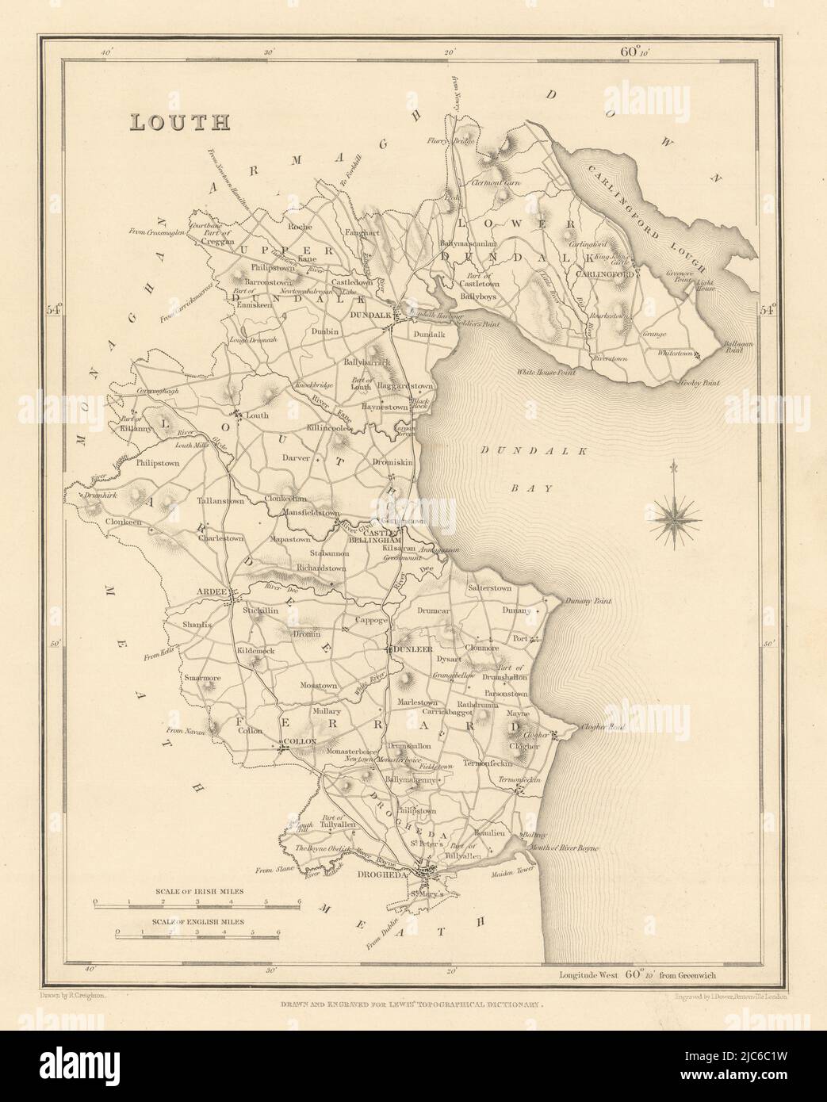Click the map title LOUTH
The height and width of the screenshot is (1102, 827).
click(x=180, y=122)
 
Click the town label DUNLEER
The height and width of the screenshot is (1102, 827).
click(x=412, y=649)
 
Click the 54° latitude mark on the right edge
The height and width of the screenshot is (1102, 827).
click(x=768, y=310)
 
